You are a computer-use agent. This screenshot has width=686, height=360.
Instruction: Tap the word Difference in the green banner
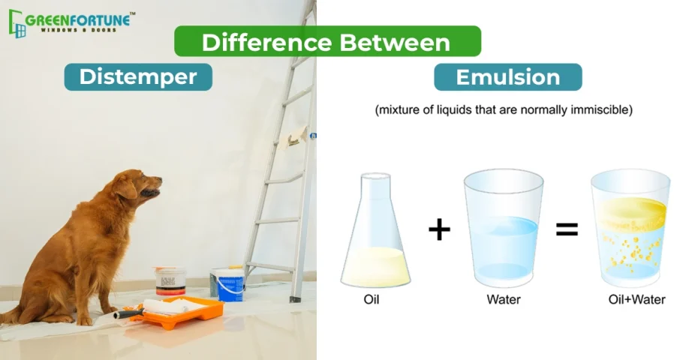coord(266,43)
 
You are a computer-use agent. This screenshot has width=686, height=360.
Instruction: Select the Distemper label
coord(138,77)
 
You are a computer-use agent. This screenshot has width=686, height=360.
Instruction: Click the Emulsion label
coord(508,77)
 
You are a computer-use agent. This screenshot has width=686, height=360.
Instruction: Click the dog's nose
coord(159,179)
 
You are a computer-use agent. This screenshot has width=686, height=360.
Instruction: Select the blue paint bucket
coord(229,285)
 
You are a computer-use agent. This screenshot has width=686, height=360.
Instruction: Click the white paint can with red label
coord(170,280)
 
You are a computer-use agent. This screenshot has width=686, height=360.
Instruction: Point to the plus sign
coord(439,229)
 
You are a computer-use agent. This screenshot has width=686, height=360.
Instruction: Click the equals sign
coord(567,229)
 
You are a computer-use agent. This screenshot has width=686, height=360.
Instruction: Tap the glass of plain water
coord(504,228)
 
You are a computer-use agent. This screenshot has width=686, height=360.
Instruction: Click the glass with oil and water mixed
coord(630,228)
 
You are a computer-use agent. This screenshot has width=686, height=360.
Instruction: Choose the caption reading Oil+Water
coord(636,300)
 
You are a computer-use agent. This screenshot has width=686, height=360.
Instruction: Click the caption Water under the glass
coord(504,300)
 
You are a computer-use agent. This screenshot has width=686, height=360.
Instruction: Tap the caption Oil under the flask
coord(372,300)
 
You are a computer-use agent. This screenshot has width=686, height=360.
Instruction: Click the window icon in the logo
coord(17,24)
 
